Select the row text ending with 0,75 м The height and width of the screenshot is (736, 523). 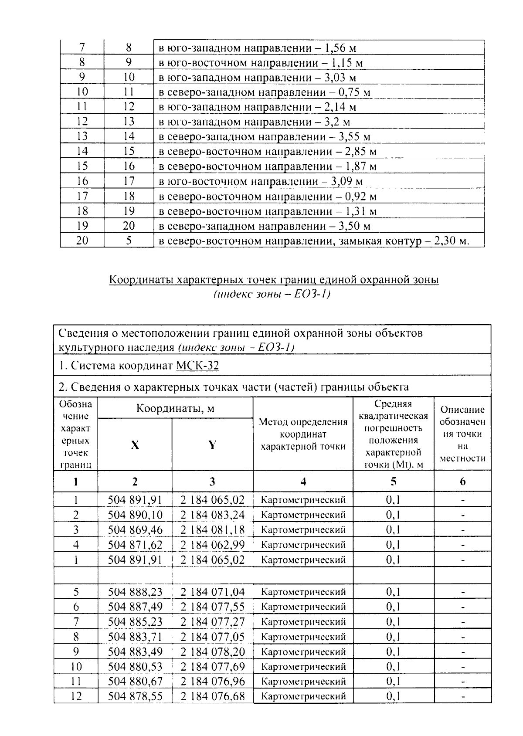tap(264, 92)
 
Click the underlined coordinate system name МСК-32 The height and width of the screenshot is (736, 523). tap(197, 366)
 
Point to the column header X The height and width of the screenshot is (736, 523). tap(135, 445)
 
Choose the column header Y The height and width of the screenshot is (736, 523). tap(212, 445)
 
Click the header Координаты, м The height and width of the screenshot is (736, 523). tap(175, 408)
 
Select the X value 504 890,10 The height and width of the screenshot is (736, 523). tap(135, 515)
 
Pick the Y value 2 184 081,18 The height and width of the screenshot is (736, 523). tap(212, 530)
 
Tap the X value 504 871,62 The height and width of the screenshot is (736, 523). tap(135, 545)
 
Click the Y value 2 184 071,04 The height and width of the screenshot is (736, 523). tap(212, 592)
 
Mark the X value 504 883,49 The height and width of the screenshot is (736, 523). tap(135, 652)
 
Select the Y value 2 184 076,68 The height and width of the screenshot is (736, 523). tap(212, 696)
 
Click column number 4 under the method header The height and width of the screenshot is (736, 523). tap(303, 482)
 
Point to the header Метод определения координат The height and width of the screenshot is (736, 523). tap(303, 434)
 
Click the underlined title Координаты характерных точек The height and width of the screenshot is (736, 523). tap(274, 280)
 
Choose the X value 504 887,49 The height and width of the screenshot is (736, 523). tap(135, 607)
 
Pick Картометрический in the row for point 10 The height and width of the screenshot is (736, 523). tap(303, 667)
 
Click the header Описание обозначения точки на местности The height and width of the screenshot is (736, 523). tap(462, 434)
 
